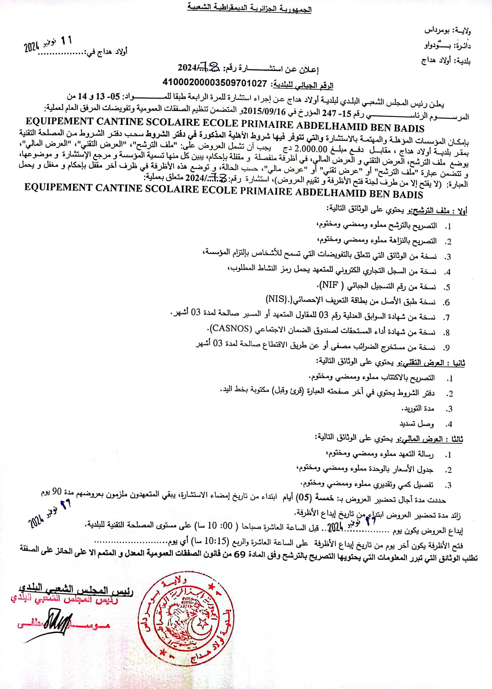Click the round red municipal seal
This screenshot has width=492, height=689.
pos(186,618)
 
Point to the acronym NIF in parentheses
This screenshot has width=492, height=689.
pos(330,286)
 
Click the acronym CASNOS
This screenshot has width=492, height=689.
pos(231,328)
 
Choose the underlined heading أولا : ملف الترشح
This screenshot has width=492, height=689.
pos(440,211)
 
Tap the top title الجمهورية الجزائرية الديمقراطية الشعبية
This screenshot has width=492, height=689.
pos(249,8)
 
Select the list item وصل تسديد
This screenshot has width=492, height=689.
pos(417,424)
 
